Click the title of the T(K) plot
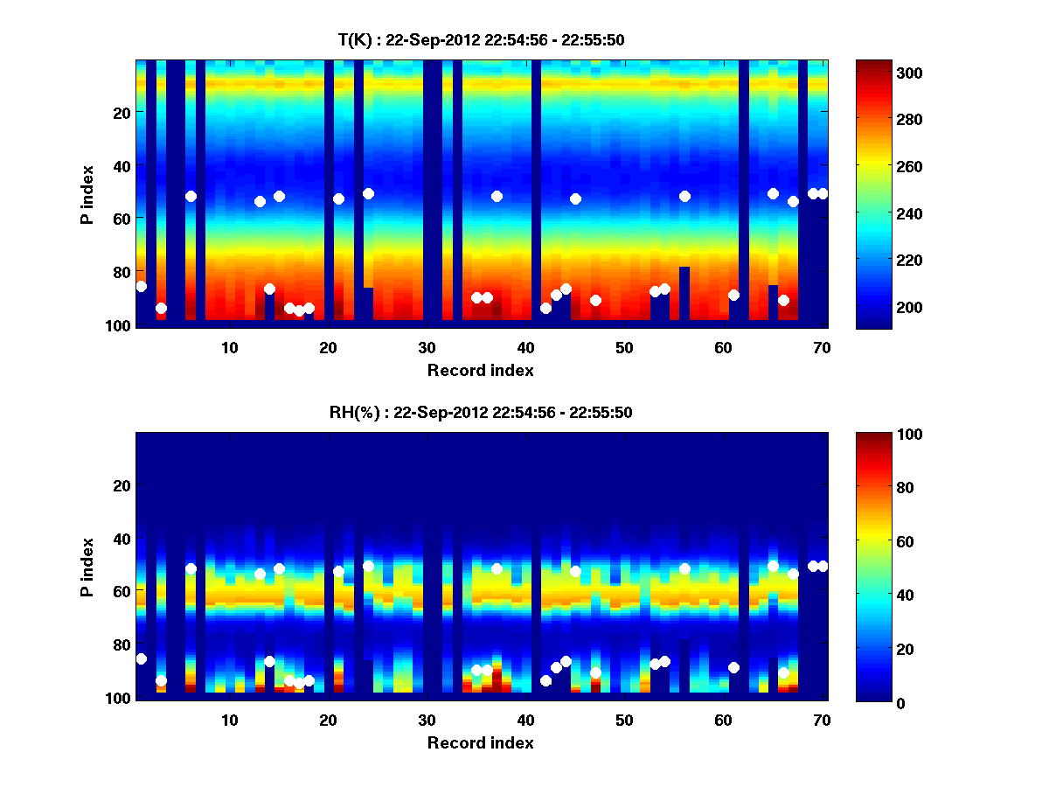point(481,39)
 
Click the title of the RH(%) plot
point(481,412)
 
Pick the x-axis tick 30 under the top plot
point(427,347)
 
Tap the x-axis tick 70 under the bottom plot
point(822,720)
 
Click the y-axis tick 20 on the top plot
point(121,112)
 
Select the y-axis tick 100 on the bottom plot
point(117,698)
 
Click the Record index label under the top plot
point(481,371)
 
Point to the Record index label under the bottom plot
point(481,743)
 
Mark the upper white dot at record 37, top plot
point(497,196)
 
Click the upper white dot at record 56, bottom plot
point(684,568)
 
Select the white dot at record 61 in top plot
point(733,295)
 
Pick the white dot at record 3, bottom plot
point(161,680)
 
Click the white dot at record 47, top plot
point(595,300)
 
